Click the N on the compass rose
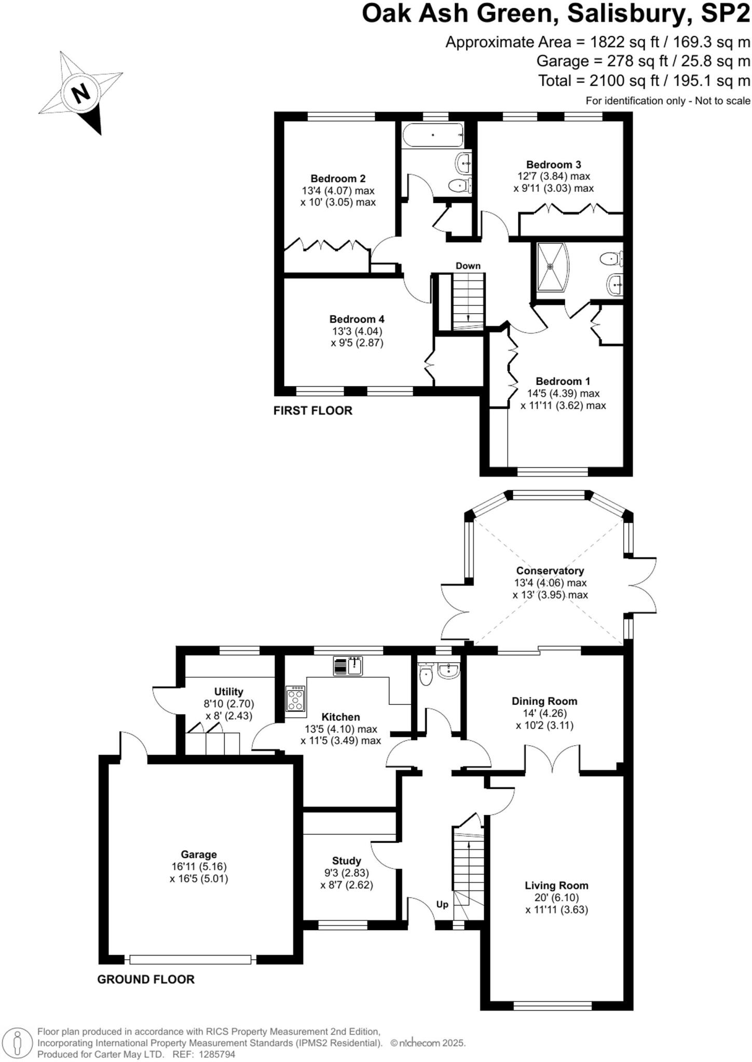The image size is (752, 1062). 80,94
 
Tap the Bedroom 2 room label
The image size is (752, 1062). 338,178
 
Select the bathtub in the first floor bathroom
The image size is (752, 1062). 432,135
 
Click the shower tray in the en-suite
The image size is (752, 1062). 552,267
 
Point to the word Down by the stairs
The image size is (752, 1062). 468,265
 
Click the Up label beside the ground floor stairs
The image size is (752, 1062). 442,904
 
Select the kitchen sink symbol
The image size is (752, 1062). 348,666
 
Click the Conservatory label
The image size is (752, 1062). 550,570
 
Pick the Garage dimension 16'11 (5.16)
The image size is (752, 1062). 199,867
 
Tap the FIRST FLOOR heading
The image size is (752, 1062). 312,411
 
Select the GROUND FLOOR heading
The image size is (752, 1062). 146,980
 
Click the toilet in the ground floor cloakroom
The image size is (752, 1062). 426,675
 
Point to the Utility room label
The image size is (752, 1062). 228,692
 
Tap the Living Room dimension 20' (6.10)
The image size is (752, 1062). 556,898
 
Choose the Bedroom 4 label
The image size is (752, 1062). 357,319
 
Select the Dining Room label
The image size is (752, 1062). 544,701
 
